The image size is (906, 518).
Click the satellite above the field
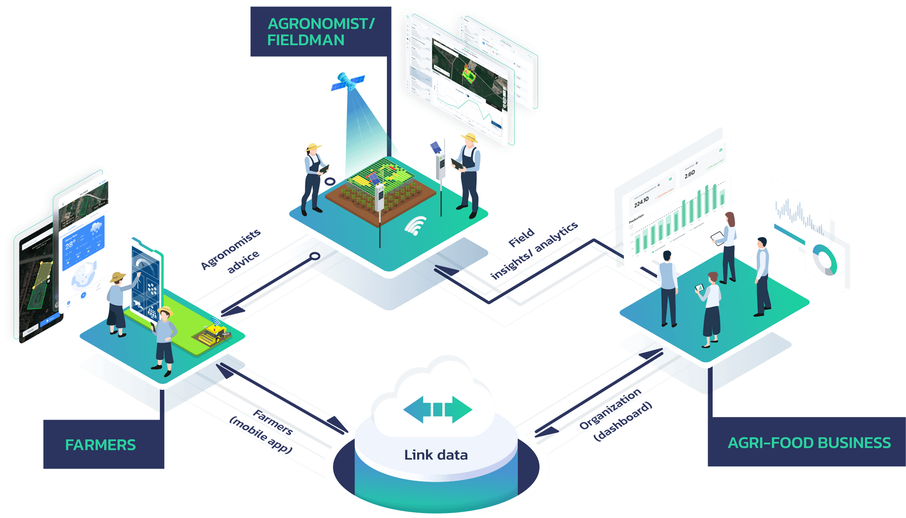click(x=347, y=82)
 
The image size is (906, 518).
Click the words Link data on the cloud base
click(x=436, y=455)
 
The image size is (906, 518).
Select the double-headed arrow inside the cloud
click(x=438, y=409)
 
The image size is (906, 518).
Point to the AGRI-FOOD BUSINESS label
click(x=809, y=442)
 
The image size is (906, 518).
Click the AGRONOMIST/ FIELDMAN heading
click(x=320, y=32)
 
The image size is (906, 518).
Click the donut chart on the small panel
click(x=824, y=260)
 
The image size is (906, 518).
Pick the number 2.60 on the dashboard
click(x=689, y=174)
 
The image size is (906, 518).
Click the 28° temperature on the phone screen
click(x=70, y=245)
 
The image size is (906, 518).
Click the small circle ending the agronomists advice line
click(x=315, y=256)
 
